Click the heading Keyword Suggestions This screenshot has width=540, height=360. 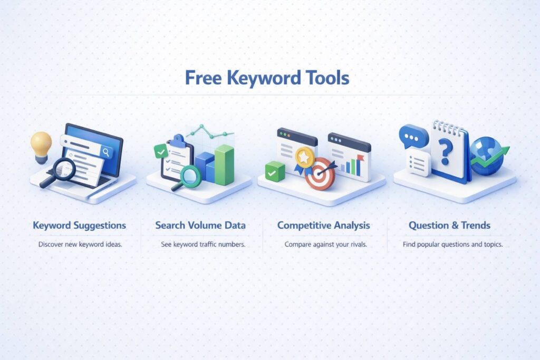point(80,226)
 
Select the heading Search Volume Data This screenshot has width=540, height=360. point(200,226)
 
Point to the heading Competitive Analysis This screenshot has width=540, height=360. point(324,226)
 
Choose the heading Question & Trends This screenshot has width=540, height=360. point(449,226)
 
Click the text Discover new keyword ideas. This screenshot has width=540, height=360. point(80,245)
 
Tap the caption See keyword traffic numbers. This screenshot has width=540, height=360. point(203,245)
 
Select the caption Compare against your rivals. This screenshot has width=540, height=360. point(325,245)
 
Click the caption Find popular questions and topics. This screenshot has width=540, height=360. point(452,245)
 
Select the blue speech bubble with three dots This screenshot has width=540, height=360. point(413,138)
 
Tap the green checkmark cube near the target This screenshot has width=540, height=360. point(275,172)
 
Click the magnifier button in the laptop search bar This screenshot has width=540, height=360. point(107,152)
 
